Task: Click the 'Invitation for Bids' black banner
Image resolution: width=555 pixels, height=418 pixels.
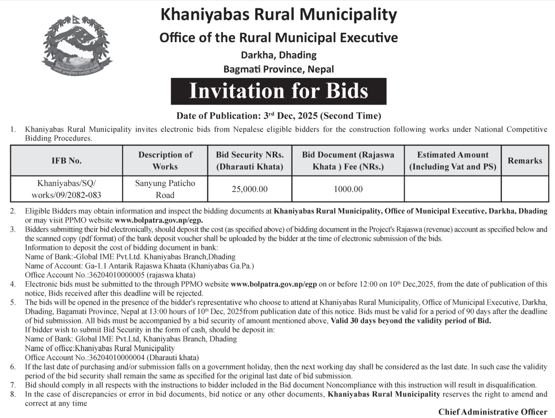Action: [x=278, y=91]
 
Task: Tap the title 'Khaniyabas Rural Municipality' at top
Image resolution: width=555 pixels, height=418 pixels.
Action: [x=278, y=14]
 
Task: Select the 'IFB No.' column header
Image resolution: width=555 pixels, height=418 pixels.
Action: [x=66, y=161]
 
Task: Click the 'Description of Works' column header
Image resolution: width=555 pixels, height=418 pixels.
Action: [x=165, y=161]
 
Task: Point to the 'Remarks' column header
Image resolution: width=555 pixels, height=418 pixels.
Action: [x=525, y=161]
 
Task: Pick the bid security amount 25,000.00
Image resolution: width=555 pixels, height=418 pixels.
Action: [x=249, y=189]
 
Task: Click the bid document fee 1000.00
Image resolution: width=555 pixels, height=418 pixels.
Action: [x=348, y=189]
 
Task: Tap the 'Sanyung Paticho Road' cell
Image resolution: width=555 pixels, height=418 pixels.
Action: [x=165, y=189]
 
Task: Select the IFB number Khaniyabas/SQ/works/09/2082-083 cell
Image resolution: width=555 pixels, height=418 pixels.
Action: [x=66, y=189]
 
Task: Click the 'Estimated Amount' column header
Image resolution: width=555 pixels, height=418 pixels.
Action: [x=452, y=161]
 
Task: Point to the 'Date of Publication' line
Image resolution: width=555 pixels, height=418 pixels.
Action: [x=278, y=117]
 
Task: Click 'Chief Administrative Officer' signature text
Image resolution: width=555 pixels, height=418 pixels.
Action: [x=493, y=412]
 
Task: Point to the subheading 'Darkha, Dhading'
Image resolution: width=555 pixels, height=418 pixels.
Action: [x=278, y=55]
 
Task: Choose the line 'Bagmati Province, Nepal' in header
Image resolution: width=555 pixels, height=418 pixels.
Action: [x=278, y=69]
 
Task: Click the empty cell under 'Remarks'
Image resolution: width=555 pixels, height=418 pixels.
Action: [x=525, y=189]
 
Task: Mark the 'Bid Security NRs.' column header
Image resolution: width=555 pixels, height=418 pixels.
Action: [x=249, y=161]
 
